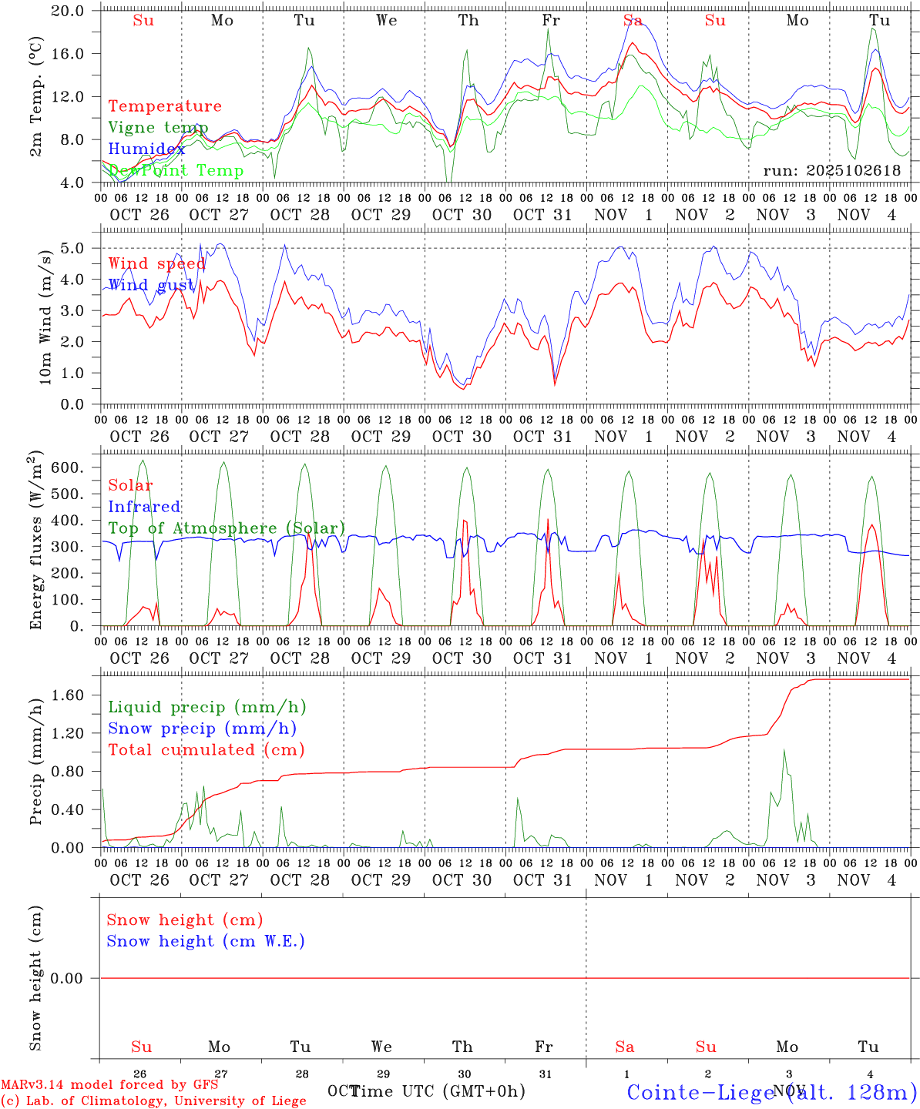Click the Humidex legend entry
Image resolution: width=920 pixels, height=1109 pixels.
[146, 149]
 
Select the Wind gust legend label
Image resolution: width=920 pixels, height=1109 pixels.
[151, 285]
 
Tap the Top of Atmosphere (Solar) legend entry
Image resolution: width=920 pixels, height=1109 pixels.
[227, 528]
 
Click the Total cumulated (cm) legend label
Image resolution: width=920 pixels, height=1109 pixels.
[206, 749]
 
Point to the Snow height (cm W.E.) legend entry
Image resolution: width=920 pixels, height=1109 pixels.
[206, 941]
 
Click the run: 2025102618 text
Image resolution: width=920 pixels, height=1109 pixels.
[832, 170]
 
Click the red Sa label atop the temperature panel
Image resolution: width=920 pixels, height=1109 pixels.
[633, 21]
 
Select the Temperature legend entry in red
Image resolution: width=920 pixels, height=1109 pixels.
[165, 106]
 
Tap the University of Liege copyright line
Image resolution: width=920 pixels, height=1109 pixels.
[153, 1101]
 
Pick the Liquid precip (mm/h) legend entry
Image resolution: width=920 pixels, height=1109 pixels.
[207, 707]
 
